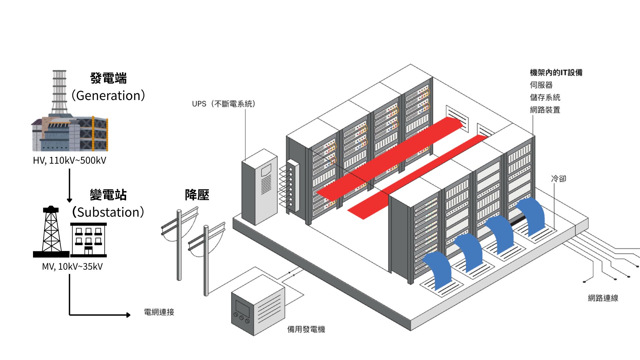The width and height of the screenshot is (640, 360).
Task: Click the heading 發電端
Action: pyautogui.click(x=108, y=79)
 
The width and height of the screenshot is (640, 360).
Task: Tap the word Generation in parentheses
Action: pyautogui.click(x=108, y=96)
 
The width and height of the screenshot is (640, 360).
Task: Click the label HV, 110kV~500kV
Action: pyautogui.click(x=69, y=161)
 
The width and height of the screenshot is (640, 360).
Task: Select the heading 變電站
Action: pyautogui.click(x=108, y=195)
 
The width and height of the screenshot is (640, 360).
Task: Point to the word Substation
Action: pyautogui.click(x=108, y=212)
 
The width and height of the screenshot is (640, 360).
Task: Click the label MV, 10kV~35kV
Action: pyautogui.click(x=72, y=267)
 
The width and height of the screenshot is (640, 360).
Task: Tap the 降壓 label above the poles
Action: pyautogui.click(x=197, y=195)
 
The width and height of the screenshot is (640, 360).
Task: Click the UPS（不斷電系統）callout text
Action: pyautogui.click(x=224, y=104)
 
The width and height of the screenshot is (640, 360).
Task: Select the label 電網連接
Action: pyautogui.click(x=159, y=312)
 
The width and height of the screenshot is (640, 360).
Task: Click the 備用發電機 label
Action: pyautogui.click(x=306, y=330)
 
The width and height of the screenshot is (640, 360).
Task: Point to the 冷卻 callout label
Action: pyautogui.click(x=559, y=179)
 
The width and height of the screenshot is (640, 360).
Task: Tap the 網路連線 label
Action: pyautogui.click(x=603, y=298)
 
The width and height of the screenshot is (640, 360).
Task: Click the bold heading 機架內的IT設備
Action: pyautogui.click(x=556, y=73)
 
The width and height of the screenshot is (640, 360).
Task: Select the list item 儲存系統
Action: pyautogui.click(x=545, y=98)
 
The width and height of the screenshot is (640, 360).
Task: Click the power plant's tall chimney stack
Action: pyautogui.click(x=59, y=92)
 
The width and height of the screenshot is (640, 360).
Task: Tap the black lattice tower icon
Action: pyautogui.click(x=51, y=232)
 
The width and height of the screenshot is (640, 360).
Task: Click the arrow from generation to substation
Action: pyautogui.click(x=69, y=185)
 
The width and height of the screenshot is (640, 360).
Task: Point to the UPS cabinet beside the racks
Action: pyautogui.click(x=259, y=188)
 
